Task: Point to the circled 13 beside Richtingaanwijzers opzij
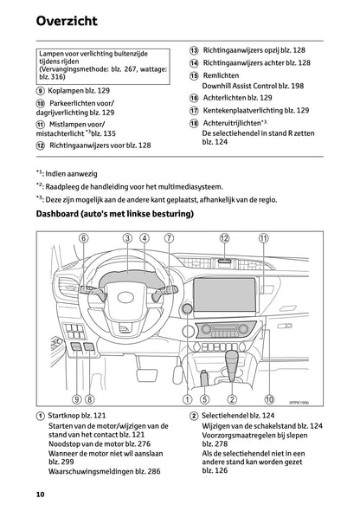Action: coord(195,51)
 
